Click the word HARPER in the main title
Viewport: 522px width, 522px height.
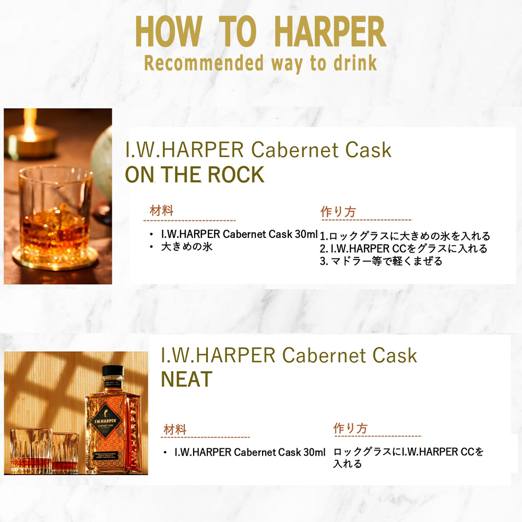330,32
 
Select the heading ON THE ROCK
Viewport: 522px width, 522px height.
195,174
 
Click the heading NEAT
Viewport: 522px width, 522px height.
186,379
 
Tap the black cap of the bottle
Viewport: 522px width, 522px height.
113,371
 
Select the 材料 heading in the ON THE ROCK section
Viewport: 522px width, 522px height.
161,211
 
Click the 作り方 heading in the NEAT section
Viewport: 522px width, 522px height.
350,428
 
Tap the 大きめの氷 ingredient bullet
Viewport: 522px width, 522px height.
186,247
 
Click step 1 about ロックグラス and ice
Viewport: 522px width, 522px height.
405,236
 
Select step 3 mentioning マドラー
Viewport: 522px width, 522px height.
381,261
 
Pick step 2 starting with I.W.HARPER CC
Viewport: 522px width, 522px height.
404,248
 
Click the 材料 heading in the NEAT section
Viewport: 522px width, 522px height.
175,430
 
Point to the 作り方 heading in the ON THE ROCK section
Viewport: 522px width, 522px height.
338,212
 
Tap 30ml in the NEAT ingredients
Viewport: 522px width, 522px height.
314,452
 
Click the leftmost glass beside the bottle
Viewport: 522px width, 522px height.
31,451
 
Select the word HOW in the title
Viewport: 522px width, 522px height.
169,32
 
